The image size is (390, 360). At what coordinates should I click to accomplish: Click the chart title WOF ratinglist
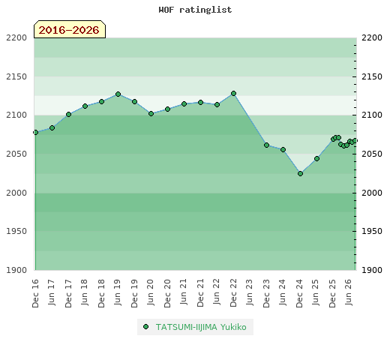(195, 10)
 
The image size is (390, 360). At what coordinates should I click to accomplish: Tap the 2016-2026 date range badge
(70, 29)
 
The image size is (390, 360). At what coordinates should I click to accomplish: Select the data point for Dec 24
(300, 173)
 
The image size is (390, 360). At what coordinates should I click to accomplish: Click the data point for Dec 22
(233, 94)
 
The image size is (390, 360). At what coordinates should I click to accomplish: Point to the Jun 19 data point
(118, 94)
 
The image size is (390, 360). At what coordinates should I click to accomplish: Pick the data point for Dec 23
(266, 145)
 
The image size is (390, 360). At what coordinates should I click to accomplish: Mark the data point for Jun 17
(52, 128)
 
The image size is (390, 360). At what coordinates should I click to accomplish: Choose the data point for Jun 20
(151, 114)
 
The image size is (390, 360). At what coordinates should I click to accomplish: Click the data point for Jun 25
(316, 159)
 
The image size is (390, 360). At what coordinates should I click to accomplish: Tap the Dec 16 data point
(35, 133)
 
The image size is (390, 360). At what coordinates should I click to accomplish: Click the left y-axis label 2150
(16, 76)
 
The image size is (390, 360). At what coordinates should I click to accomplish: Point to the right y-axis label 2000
(372, 193)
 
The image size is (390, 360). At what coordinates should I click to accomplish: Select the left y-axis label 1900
(16, 270)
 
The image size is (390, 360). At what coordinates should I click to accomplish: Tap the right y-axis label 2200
(372, 37)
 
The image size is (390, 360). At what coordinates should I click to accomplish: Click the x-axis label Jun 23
(250, 292)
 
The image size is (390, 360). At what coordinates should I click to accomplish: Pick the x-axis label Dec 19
(134, 293)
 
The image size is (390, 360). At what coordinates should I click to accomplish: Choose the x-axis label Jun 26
(349, 292)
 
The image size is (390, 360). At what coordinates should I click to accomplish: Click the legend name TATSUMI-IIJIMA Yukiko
(201, 327)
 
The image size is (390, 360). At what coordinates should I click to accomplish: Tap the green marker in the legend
(145, 327)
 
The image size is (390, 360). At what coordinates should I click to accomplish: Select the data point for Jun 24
(283, 150)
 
